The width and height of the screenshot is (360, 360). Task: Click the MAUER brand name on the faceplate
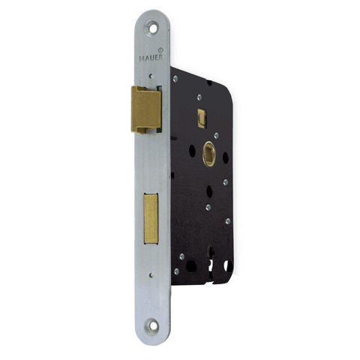151,58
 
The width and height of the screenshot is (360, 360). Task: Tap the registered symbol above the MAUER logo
160,49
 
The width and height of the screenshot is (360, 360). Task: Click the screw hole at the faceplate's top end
151,29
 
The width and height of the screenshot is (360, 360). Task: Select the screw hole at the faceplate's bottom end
151,325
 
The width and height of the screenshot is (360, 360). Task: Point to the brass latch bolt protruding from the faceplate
146,109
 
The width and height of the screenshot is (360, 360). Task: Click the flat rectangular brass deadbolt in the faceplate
151,218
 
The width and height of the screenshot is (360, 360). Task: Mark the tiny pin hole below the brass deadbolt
151,275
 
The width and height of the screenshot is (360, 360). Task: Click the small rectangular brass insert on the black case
202,118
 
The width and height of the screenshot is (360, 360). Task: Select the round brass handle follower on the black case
209,154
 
